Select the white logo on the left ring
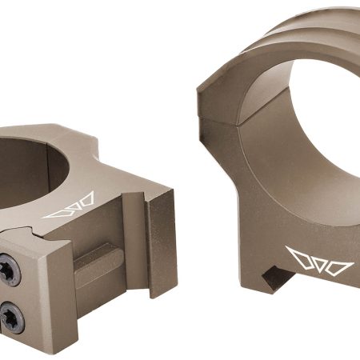(69, 206)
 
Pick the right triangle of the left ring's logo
(85, 201)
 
